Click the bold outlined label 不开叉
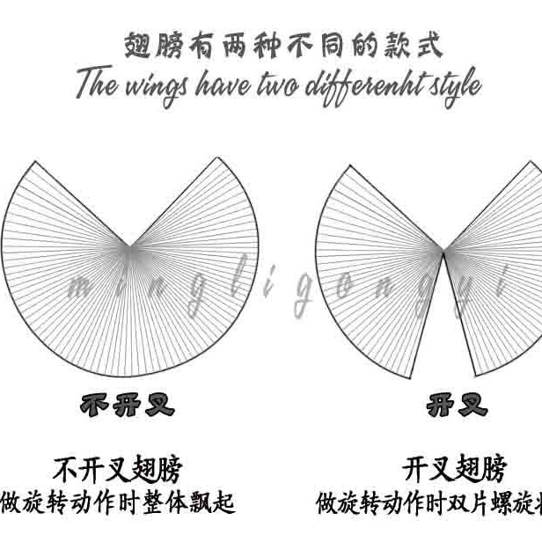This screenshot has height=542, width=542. [x=128, y=406]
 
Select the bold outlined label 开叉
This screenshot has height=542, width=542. [x=457, y=406]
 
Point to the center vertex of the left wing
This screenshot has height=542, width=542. [x=130, y=247]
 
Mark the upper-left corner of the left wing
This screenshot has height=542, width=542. [x=33, y=162]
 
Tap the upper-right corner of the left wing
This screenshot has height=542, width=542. [x=218, y=157]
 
